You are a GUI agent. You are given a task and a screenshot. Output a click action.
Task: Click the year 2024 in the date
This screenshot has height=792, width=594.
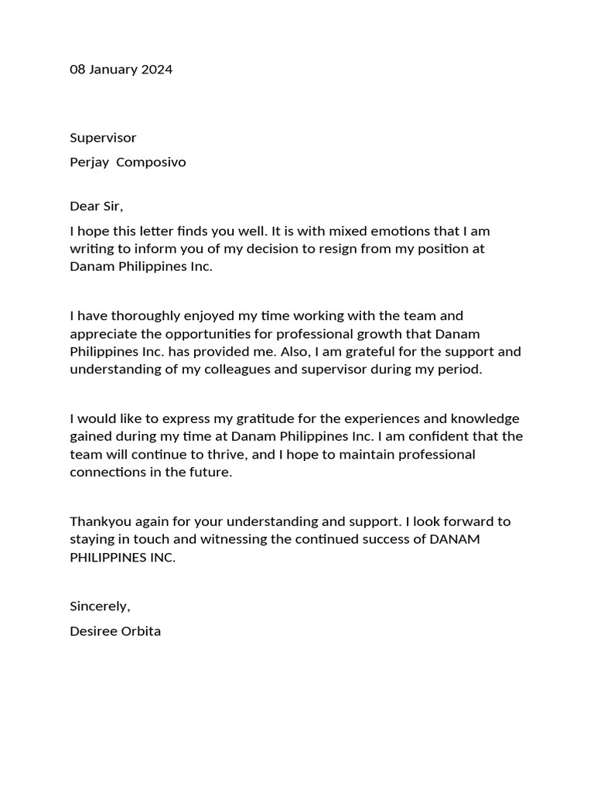(158, 70)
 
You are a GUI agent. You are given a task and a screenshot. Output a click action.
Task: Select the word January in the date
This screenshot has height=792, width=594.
(114, 70)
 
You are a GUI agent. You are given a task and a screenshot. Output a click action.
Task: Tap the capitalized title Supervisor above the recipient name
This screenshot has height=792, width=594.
(103, 138)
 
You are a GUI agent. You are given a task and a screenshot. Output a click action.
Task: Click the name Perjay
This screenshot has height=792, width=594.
(89, 162)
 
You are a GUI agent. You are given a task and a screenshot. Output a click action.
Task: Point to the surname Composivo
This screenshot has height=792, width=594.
(151, 162)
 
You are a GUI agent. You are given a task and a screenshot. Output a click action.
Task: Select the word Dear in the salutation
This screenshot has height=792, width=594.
(84, 206)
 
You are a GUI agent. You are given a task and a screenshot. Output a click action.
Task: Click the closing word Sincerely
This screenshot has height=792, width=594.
(99, 606)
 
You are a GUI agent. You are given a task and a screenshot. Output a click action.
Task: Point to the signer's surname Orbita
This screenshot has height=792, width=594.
(140, 631)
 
